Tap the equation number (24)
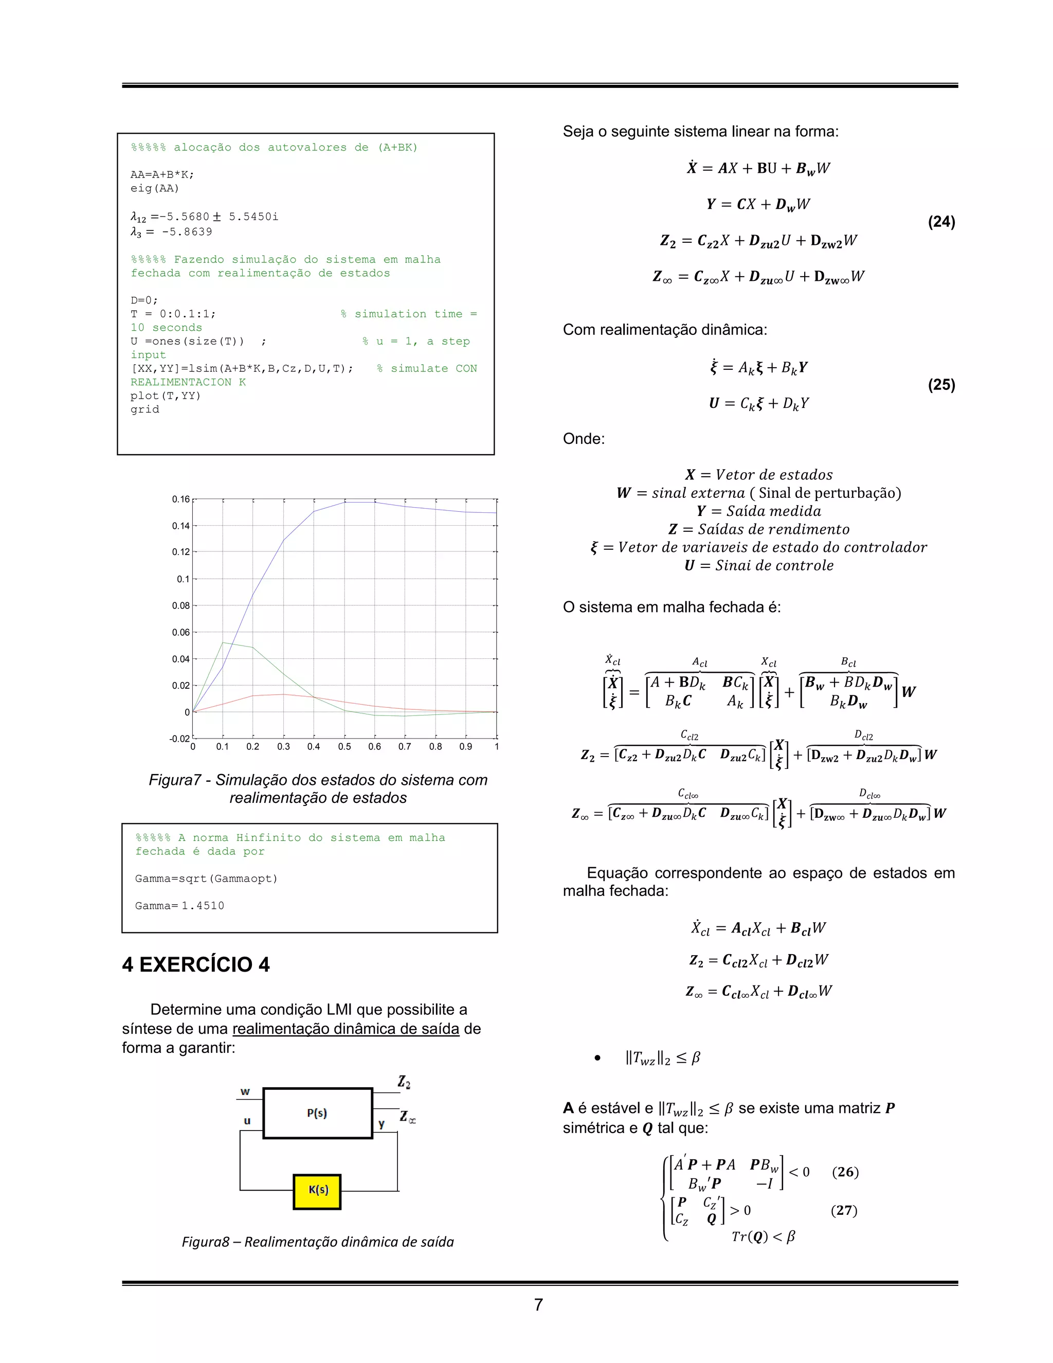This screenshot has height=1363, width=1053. tap(941, 222)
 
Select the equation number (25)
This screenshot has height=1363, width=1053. tap(941, 384)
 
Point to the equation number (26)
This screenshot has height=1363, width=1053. tap(845, 1171)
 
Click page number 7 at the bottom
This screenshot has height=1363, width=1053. tap(538, 1304)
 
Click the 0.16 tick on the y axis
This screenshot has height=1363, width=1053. tap(180, 499)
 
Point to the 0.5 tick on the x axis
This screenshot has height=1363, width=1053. tap(344, 746)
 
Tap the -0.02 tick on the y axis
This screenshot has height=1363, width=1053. tap(179, 739)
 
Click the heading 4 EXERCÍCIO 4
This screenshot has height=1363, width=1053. tap(196, 964)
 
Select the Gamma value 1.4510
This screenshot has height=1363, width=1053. tap(203, 906)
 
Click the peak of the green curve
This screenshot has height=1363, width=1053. tap(223, 642)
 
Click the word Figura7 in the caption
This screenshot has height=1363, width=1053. tap(175, 780)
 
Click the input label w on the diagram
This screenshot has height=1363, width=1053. tap(245, 1091)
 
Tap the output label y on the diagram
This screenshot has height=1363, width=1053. tap(381, 1124)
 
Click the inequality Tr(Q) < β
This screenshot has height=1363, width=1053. tap(763, 1237)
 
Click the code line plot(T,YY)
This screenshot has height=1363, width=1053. tap(166, 396)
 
